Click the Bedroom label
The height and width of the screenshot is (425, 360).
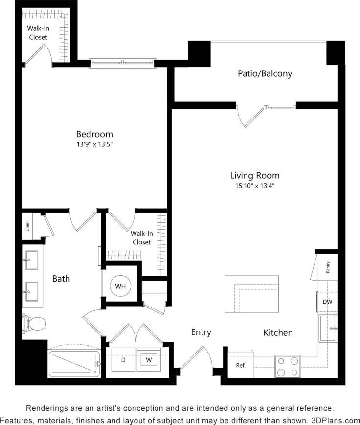(x=94, y=134)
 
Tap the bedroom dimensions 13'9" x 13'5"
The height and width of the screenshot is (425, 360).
(x=94, y=144)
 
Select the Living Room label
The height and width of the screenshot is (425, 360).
(x=255, y=175)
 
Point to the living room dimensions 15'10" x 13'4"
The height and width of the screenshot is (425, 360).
(x=255, y=186)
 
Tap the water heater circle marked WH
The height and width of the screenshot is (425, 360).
(x=120, y=285)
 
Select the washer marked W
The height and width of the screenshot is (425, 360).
(x=149, y=360)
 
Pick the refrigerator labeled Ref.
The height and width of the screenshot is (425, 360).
(x=241, y=365)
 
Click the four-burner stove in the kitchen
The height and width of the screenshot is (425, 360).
(x=288, y=366)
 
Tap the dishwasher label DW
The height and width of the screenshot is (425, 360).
(x=327, y=302)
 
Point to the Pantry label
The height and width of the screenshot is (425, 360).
(x=328, y=267)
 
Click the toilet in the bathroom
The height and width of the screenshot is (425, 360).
(x=34, y=323)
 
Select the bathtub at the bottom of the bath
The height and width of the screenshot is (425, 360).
(x=74, y=363)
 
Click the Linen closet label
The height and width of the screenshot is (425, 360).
(x=27, y=227)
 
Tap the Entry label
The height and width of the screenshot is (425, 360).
(x=201, y=332)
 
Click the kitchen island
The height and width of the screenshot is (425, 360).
(x=253, y=294)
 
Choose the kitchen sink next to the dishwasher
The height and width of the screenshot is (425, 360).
(x=328, y=328)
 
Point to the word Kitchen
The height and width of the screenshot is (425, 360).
(x=278, y=332)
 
